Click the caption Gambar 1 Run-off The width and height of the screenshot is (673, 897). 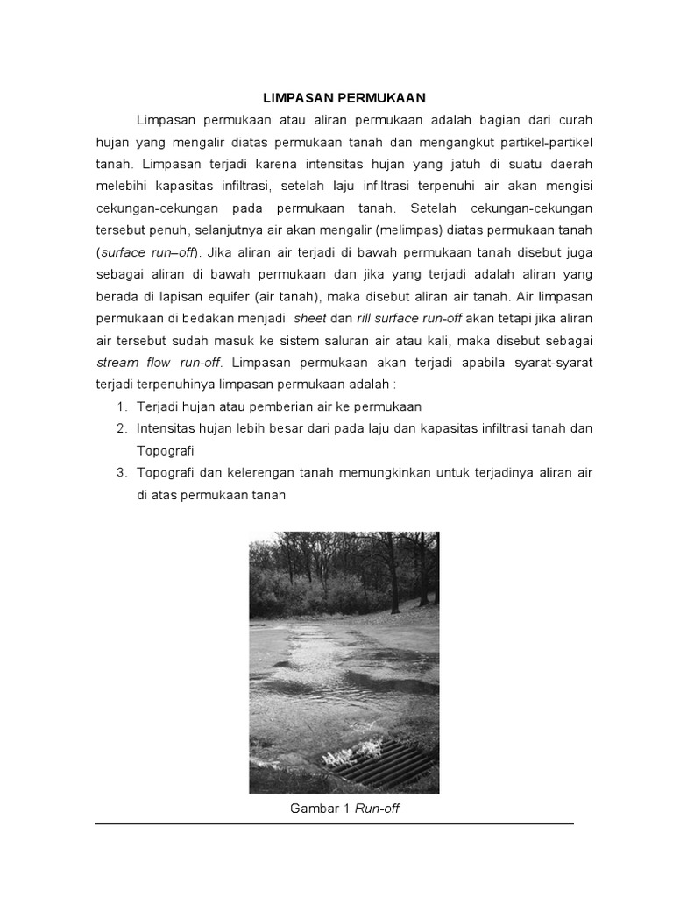(x=344, y=809)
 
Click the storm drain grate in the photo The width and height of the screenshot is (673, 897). (x=386, y=762)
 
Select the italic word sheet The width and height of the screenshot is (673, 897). (x=310, y=317)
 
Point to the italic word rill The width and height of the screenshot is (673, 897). (x=365, y=317)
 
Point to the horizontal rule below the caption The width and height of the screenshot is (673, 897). (x=334, y=824)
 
